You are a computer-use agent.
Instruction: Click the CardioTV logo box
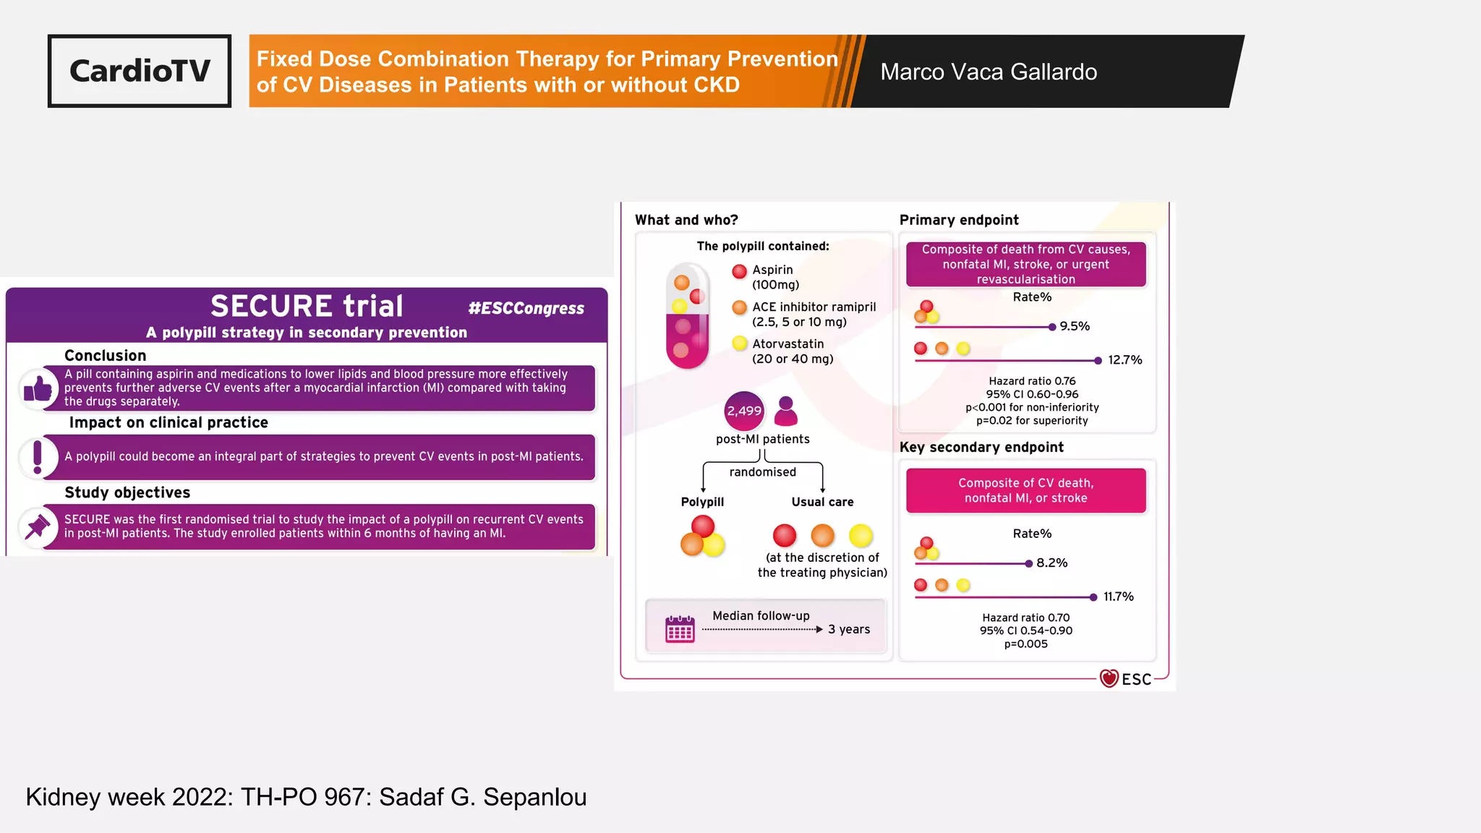[x=140, y=71]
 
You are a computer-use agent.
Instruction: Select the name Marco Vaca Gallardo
[x=988, y=72]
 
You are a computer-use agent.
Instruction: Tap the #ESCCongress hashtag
[x=526, y=309]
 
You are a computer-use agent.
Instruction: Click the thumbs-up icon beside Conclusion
[x=38, y=390]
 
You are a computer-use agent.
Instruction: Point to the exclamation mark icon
[x=38, y=457]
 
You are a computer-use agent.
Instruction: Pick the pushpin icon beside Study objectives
[x=38, y=526]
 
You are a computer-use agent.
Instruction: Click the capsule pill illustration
[x=688, y=316]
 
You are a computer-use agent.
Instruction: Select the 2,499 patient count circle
[x=743, y=411]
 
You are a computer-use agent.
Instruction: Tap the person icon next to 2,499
[x=785, y=411]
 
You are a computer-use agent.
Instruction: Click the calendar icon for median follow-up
[x=680, y=629]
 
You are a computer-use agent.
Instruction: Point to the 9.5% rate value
[x=1075, y=327]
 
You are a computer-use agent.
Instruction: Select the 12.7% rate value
[x=1124, y=360]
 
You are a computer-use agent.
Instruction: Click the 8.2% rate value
[x=1051, y=563]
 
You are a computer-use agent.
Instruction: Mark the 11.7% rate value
[x=1118, y=597]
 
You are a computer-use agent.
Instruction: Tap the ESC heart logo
[x=1109, y=678]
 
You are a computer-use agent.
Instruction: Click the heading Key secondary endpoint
[x=981, y=448]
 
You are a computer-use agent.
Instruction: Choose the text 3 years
[x=849, y=630]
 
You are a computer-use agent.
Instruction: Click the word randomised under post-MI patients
[x=762, y=472]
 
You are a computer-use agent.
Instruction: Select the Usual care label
[x=822, y=502]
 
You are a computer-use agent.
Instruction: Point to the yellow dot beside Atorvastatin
[x=739, y=343]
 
